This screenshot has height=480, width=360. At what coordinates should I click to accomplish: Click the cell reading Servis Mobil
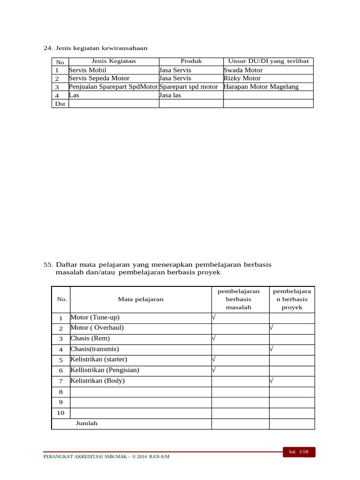(88, 70)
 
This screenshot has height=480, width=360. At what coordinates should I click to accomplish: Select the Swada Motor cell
(243, 70)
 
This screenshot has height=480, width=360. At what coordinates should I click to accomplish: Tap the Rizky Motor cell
(242, 78)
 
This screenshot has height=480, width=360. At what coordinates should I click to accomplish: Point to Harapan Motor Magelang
(261, 87)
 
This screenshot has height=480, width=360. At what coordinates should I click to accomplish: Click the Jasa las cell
(170, 95)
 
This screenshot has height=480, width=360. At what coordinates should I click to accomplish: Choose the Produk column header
(191, 61)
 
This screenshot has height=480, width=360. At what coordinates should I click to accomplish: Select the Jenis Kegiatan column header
(113, 61)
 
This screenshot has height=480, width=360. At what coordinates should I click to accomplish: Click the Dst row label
(60, 104)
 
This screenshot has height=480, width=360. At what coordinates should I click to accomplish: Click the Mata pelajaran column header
(141, 299)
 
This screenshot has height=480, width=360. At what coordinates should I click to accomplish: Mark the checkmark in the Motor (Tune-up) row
(214, 317)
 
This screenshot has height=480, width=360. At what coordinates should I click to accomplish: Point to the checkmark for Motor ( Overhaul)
(271, 328)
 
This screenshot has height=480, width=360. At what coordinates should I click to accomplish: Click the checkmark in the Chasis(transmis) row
(271, 349)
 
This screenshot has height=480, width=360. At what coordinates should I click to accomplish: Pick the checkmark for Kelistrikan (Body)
(271, 381)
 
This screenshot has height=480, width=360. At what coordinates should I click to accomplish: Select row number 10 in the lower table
(60, 413)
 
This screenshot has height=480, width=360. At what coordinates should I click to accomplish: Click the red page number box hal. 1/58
(299, 452)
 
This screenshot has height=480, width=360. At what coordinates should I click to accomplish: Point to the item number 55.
(48, 265)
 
